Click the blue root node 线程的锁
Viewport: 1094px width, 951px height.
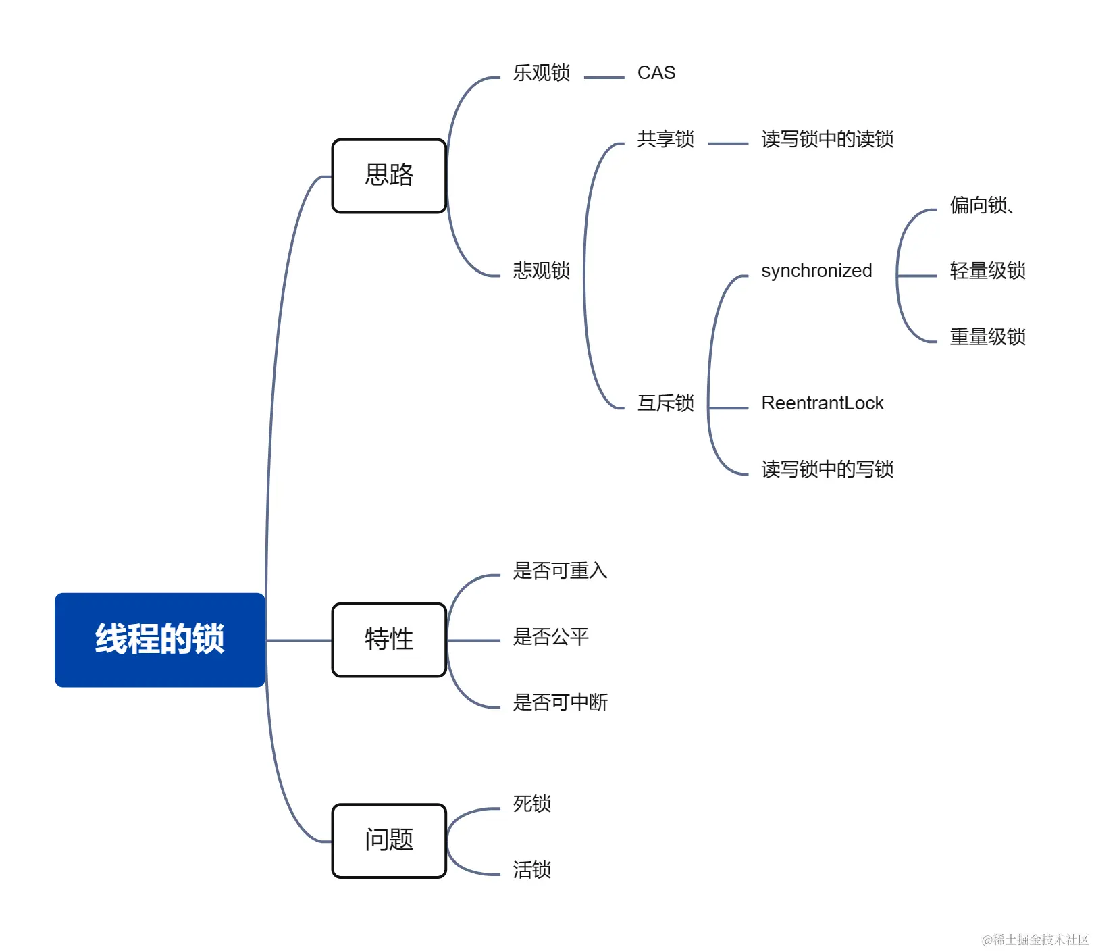(159, 639)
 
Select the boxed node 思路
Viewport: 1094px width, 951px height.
(389, 176)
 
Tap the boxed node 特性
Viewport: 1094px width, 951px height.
(389, 639)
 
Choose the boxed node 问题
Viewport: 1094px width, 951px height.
(389, 840)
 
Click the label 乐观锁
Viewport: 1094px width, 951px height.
(541, 72)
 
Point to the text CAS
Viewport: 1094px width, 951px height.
(656, 72)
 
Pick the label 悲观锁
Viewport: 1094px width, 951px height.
(541, 270)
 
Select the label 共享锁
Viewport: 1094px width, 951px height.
(665, 138)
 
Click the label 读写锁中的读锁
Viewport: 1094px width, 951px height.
(827, 138)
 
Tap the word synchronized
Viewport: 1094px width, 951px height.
(816, 270)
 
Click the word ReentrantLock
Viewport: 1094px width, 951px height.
(822, 403)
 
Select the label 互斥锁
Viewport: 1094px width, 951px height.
(665, 403)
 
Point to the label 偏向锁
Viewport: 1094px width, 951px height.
(979, 205)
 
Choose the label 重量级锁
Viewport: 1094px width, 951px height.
(987, 336)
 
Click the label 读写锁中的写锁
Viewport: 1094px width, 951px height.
(827, 469)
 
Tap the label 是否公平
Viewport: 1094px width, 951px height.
(550, 636)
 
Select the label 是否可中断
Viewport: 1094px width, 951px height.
(560, 702)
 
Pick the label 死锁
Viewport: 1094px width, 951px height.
(531, 803)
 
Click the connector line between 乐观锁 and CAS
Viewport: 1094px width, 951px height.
(604, 78)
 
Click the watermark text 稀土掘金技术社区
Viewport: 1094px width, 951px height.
(1040, 940)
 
